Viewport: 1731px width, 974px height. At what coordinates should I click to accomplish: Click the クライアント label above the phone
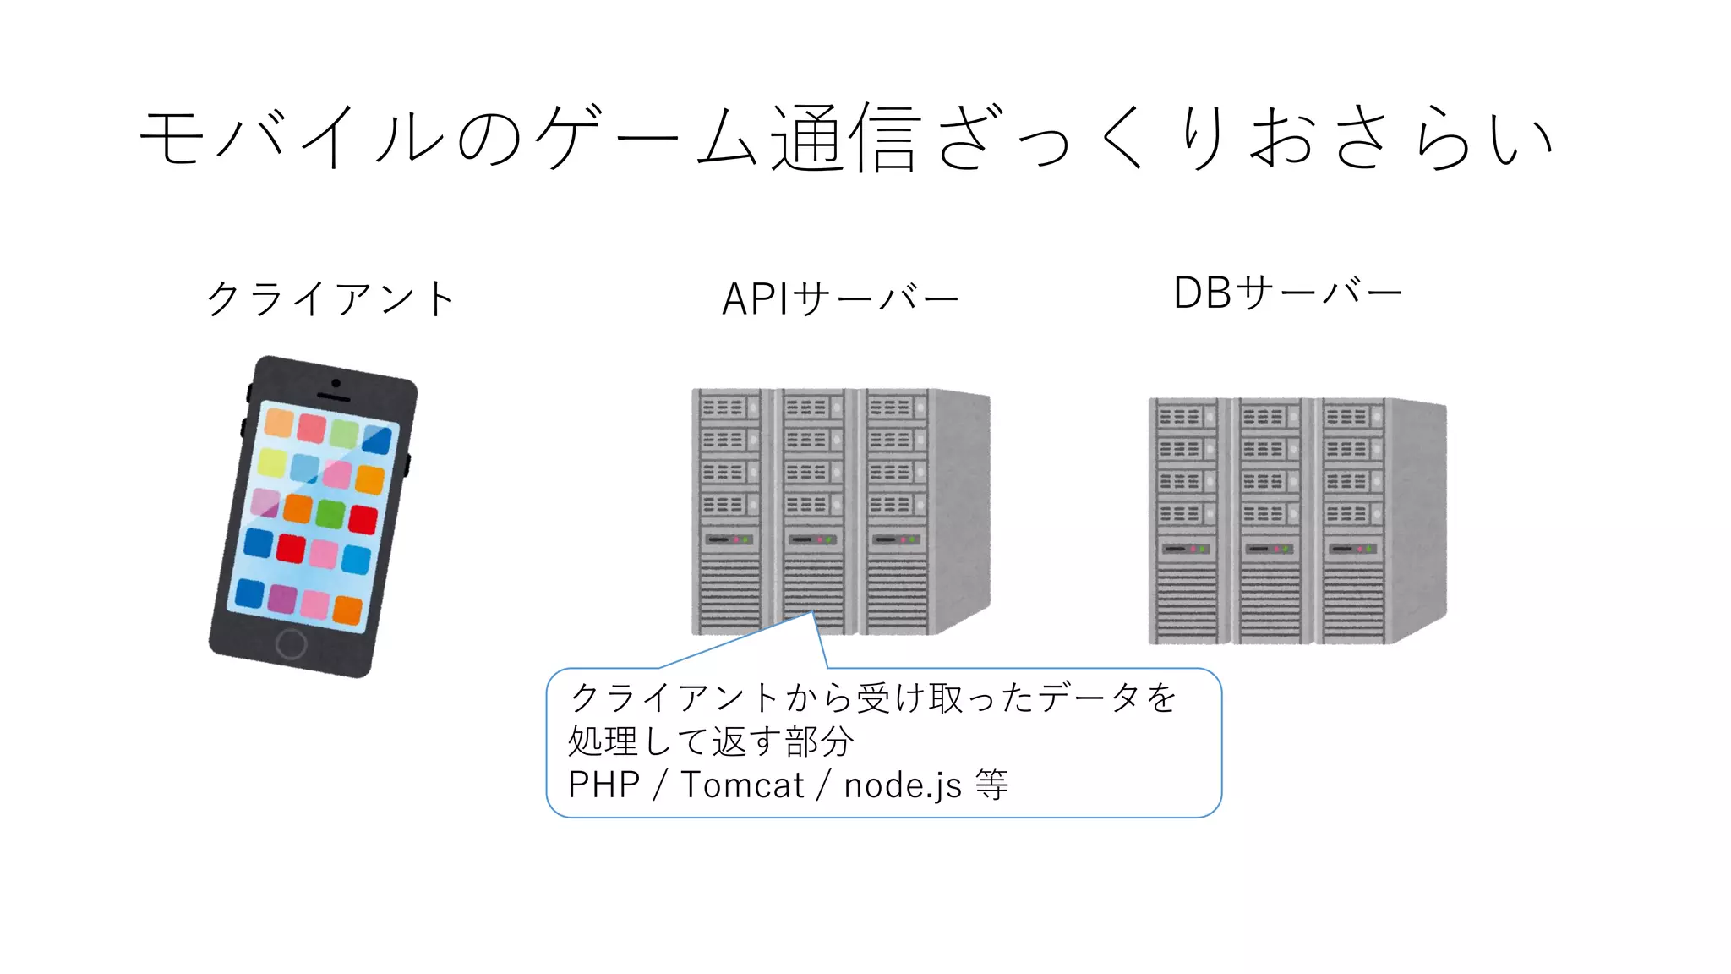coord(331,298)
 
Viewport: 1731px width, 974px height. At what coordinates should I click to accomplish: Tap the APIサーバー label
coord(840,298)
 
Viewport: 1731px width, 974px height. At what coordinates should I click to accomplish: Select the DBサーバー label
coord(1287,293)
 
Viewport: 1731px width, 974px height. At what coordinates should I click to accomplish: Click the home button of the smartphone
coord(291,644)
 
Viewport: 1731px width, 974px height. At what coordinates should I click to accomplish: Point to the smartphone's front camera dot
coord(336,384)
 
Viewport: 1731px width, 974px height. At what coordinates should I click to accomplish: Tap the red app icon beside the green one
coord(363,518)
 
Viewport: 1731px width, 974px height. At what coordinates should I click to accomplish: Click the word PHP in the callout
coord(603,785)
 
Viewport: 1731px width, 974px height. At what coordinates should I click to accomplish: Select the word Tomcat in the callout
coord(742,785)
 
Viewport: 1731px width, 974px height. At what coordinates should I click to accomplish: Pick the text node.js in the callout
coord(902,785)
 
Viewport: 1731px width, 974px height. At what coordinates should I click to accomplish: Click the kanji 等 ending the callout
coord(991,785)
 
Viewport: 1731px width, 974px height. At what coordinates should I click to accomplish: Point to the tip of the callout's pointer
coord(812,612)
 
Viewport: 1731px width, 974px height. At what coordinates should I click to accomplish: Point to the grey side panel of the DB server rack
coord(1418,516)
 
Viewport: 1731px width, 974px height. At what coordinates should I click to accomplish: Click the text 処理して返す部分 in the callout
coord(710,741)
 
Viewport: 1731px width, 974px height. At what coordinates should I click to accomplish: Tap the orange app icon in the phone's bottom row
coord(347,610)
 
